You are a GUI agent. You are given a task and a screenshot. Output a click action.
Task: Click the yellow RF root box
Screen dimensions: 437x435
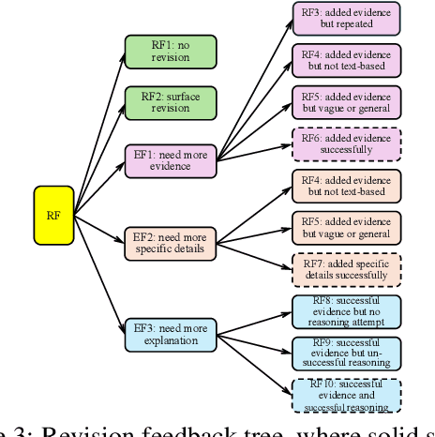click(53, 215)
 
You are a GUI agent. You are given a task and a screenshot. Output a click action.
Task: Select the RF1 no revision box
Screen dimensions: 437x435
click(170, 52)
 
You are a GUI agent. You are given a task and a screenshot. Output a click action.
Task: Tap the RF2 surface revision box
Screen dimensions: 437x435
click(170, 102)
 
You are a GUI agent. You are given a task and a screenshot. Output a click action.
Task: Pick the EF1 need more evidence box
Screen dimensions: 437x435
click(170, 159)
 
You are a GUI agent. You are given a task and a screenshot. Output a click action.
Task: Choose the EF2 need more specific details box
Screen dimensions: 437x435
click(170, 243)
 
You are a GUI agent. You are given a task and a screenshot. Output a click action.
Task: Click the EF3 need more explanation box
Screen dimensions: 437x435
click(170, 334)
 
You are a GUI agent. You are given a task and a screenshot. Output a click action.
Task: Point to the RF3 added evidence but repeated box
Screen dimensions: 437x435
click(346, 17)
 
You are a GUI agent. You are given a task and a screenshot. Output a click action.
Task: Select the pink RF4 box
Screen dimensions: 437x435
click(346, 59)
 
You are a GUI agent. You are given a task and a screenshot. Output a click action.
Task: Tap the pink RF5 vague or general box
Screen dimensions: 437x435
click(346, 101)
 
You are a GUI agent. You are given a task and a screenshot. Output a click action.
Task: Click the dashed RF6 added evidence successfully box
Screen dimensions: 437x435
click(346, 143)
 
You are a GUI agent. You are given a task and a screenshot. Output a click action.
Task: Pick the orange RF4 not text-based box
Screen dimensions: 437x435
click(346, 186)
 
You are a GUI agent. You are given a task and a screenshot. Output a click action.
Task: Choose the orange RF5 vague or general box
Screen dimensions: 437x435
click(346, 228)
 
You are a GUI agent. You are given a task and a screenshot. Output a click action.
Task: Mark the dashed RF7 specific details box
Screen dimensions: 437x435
click(346, 270)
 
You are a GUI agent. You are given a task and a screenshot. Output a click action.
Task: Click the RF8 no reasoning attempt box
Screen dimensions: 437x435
click(346, 312)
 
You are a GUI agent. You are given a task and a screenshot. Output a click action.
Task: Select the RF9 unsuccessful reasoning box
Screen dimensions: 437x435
click(346, 354)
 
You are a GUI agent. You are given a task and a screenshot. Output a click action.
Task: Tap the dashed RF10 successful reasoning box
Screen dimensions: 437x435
click(346, 396)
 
